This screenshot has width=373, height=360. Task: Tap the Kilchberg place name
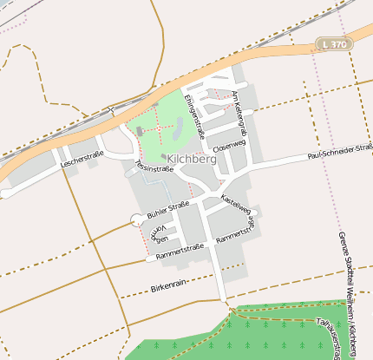[x=192, y=160]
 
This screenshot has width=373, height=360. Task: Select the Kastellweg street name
[x=236, y=204]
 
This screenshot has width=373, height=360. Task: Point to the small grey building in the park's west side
[x=140, y=131]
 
